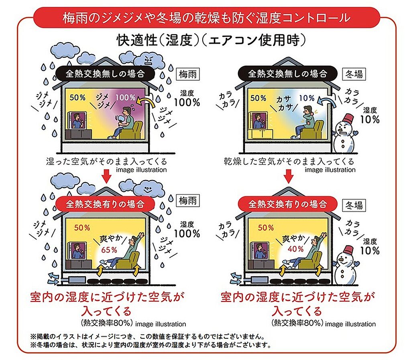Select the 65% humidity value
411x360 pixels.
pos(109,250)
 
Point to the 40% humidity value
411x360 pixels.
pos(296,249)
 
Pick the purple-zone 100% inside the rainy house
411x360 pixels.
pos(126,97)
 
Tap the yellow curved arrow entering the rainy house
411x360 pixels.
pos(146,102)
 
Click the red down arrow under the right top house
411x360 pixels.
pos(289,176)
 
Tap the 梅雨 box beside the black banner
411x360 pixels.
pos(188,74)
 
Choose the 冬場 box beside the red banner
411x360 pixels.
pos(354,205)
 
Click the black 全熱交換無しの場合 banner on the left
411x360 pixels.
pos(105,73)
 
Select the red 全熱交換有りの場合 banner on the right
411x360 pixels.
pos(287,204)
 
